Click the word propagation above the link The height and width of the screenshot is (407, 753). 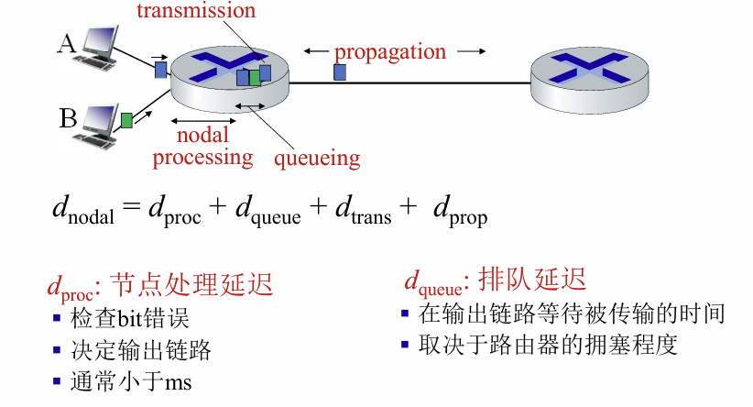(389, 50)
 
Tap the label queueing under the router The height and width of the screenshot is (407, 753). (317, 158)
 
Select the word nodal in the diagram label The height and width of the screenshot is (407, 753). (202, 135)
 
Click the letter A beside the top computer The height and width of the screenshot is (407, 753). (66, 42)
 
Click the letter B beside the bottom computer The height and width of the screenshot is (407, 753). (68, 117)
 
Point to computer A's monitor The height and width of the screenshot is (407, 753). (100, 38)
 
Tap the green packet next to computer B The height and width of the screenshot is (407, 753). (126, 120)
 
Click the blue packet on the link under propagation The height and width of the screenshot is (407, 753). (339, 71)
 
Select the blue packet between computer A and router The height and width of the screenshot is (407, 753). (160, 70)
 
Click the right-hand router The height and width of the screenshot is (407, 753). (589, 72)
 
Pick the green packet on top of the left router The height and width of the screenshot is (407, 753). (255, 78)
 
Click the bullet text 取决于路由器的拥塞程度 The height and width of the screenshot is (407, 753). (547, 346)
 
